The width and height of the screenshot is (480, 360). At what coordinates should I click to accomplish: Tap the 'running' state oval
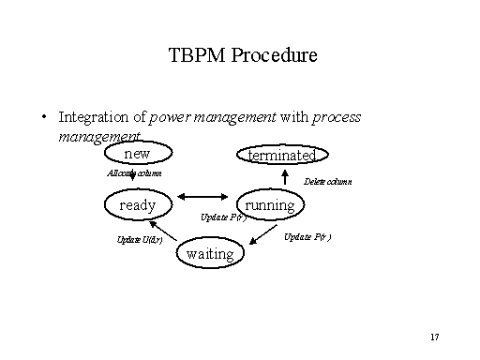[269, 204]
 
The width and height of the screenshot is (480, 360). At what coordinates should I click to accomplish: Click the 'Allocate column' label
[134, 173]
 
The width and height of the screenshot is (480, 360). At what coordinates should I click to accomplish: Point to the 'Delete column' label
[327, 182]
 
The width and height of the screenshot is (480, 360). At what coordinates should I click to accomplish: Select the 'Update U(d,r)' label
[140, 240]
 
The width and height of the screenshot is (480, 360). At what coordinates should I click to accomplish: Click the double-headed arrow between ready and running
[203, 196]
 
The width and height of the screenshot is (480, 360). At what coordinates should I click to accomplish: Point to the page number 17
[433, 336]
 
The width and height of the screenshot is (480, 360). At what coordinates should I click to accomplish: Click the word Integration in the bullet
[92, 117]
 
